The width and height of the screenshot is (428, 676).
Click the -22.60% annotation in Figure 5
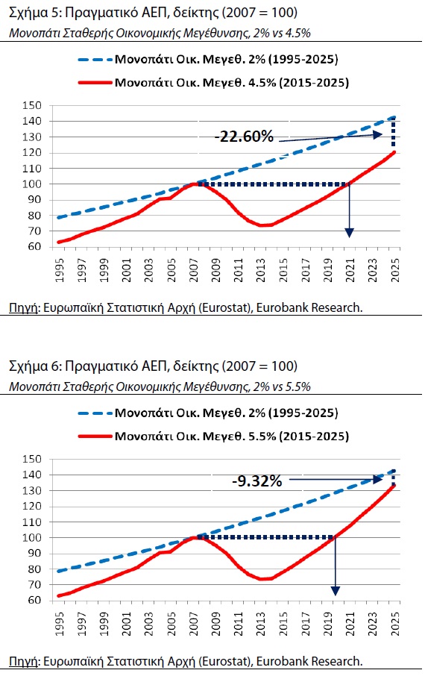pyautogui.click(x=244, y=137)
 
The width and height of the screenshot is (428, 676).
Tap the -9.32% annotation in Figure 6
pyautogui.click(x=257, y=481)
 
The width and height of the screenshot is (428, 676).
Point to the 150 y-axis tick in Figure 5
pyautogui.click(x=32, y=106)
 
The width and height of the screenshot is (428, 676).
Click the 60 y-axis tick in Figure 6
pyautogui.click(x=35, y=601)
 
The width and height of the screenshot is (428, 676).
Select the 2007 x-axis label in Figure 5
pyautogui.click(x=194, y=270)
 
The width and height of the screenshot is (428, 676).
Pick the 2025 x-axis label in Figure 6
pyautogui.click(x=394, y=624)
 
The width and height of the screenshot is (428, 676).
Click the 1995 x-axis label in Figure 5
pyautogui.click(x=60, y=270)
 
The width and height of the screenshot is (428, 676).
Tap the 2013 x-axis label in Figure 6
pyautogui.click(x=261, y=624)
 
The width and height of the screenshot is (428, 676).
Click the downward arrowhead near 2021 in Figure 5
pyautogui.click(x=349, y=232)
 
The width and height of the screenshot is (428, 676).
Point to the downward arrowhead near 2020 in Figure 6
pyautogui.click(x=336, y=591)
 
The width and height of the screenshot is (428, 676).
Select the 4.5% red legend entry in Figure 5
pyautogui.click(x=214, y=82)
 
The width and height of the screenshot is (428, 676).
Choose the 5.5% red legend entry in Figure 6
pyautogui.click(x=214, y=436)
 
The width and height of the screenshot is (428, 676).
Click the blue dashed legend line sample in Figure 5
pyautogui.click(x=95, y=60)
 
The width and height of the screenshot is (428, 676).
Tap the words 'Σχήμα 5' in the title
pyautogui.click(x=34, y=13)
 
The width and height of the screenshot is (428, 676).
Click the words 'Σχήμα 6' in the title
pyautogui.click(x=34, y=366)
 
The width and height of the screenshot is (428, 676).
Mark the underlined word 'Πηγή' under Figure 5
pyautogui.click(x=24, y=308)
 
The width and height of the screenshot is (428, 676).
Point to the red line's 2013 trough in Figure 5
pyautogui.click(x=262, y=225)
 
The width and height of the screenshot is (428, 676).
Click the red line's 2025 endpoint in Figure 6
pyautogui.click(x=394, y=486)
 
